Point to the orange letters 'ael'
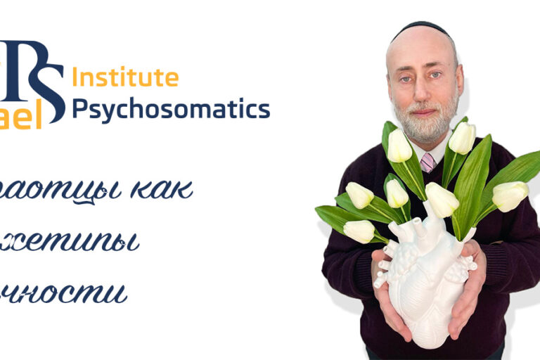click(x=21, y=117)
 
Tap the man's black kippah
click(x=420, y=31)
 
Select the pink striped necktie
click(x=427, y=163)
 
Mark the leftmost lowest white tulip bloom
click(x=359, y=231)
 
